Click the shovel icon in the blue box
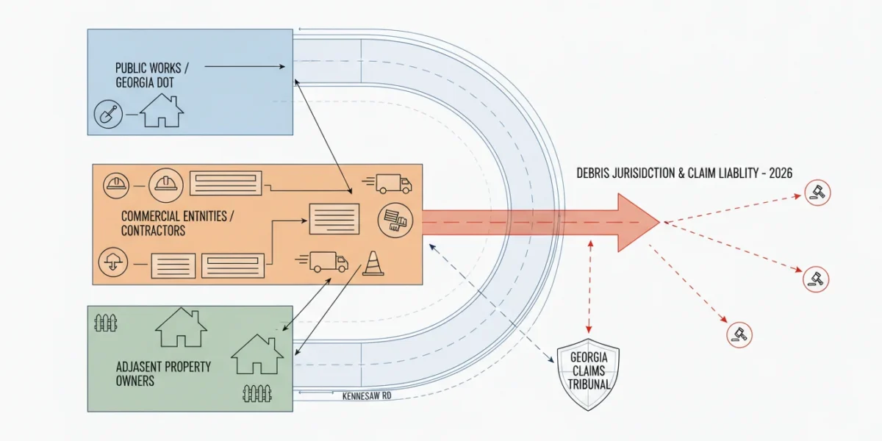[108, 114]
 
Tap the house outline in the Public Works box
[162, 110]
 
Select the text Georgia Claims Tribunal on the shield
[589, 371]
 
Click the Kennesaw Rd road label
[367, 395]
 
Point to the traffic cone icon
[373, 263]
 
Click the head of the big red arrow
[639, 223]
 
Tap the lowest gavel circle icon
[739, 335]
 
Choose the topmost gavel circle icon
[817, 193]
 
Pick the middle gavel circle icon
[816, 279]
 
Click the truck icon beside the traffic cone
[322, 262]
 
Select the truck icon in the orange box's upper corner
[387, 184]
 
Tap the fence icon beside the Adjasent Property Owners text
[257, 393]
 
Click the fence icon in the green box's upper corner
[106, 323]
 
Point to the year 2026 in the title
[781, 173]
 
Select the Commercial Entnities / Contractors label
[177, 223]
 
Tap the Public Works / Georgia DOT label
[152, 75]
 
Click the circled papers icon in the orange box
[395, 220]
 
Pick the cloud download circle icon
[113, 262]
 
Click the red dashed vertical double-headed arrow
[589, 287]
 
